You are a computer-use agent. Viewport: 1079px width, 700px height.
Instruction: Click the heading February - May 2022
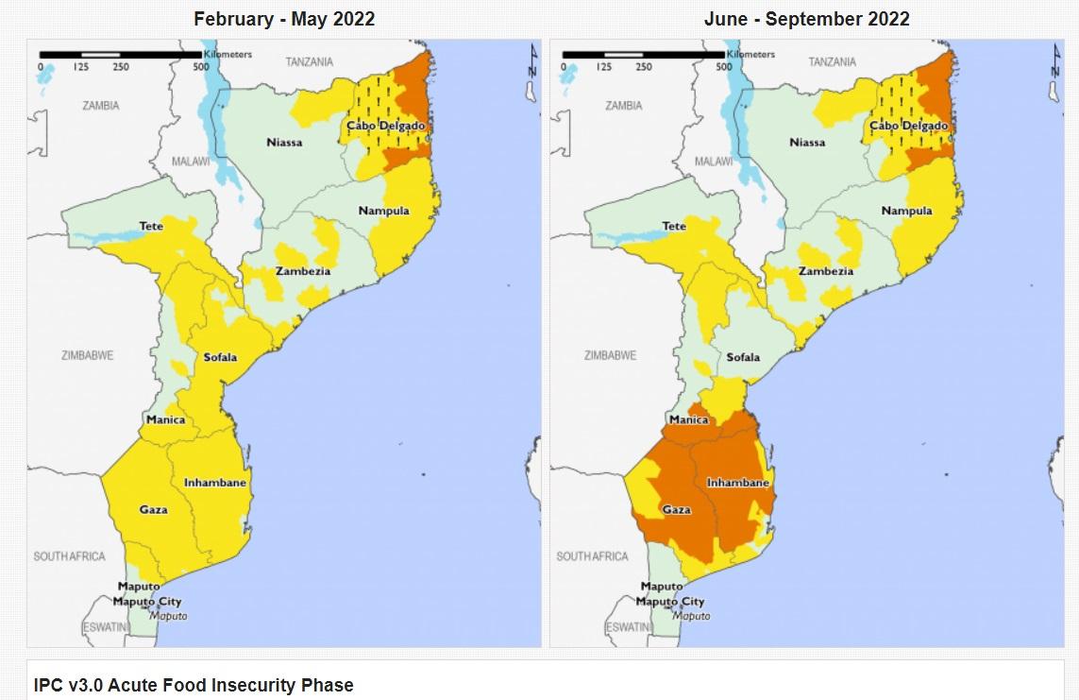click(284, 19)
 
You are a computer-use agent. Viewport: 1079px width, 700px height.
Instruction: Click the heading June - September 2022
click(806, 19)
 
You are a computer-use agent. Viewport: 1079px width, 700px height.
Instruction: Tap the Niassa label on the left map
click(284, 143)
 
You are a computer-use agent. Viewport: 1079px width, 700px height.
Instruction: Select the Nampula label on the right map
click(906, 211)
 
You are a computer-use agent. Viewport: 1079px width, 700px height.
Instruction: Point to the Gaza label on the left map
click(153, 510)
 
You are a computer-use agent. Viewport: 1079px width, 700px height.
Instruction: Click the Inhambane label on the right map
click(738, 483)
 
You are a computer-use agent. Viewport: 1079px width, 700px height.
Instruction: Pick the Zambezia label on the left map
click(303, 271)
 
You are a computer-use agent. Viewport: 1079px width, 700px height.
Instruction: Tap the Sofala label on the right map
click(743, 358)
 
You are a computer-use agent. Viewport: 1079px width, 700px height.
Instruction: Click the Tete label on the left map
click(151, 227)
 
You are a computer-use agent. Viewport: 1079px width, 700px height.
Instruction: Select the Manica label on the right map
click(688, 419)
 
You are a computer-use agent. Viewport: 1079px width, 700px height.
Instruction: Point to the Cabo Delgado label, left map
click(385, 126)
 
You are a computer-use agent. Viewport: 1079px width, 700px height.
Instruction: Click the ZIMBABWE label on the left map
click(87, 355)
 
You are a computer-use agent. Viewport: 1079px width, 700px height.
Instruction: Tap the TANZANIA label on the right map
click(832, 62)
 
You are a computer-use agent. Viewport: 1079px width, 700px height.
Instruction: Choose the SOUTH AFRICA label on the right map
click(592, 556)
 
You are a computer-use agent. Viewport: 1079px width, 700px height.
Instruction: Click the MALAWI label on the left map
click(190, 162)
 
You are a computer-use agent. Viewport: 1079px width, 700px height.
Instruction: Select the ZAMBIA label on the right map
click(623, 106)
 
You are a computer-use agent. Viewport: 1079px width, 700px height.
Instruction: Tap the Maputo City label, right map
click(669, 602)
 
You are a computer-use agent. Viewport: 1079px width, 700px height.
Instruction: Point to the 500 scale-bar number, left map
click(201, 67)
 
